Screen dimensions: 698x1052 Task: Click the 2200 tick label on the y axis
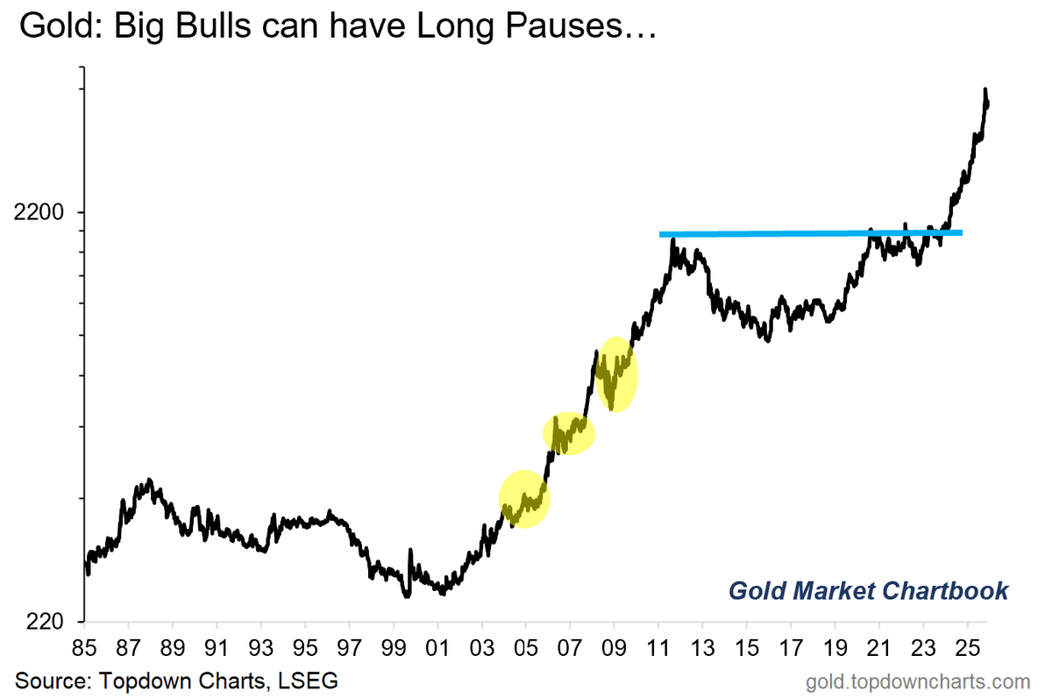pos(38,212)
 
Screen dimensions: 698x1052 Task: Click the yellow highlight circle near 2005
pos(524,499)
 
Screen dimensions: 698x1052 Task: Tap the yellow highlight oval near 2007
pos(569,432)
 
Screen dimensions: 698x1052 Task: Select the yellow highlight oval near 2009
pos(616,374)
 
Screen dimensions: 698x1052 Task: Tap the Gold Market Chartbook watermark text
pos(868,591)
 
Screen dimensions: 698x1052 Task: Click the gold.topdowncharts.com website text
pos(919,680)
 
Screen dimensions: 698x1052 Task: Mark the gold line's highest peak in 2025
pos(985,90)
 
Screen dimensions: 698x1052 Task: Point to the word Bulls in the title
pos(203,27)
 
